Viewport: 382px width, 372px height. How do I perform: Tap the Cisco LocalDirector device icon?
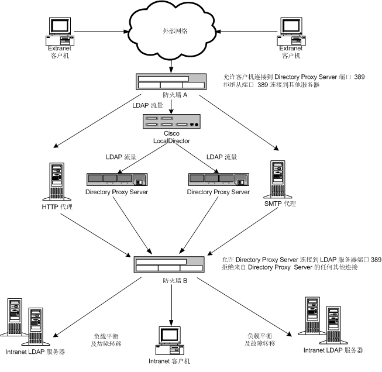point(171,122)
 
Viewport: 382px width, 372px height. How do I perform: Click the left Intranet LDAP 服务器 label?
point(35,352)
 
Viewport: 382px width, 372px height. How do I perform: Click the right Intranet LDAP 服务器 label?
point(333,350)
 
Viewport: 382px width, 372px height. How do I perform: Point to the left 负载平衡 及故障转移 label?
point(106,340)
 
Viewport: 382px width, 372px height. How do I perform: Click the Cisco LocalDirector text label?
point(170,137)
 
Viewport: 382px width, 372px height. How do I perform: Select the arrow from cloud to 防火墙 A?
point(171,65)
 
